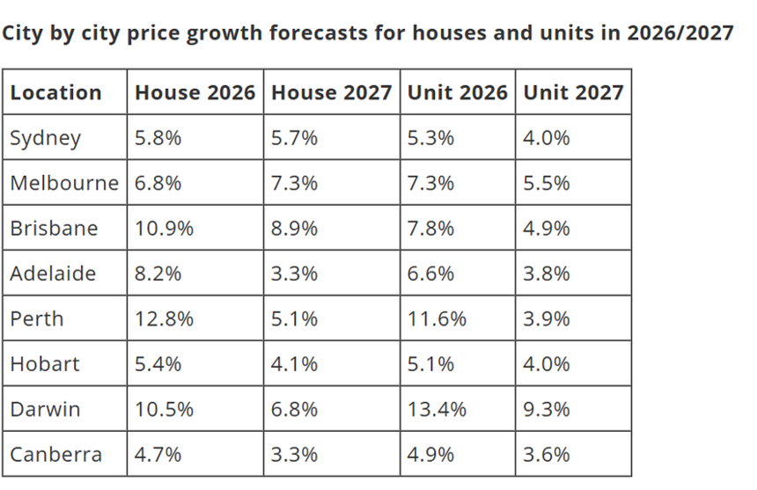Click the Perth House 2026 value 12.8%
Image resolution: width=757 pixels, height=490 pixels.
[164, 318]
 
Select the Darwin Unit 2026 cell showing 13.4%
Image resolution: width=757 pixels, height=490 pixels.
[436, 409]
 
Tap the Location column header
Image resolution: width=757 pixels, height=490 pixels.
[55, 92]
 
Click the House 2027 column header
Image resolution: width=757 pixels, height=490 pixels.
[331, 92]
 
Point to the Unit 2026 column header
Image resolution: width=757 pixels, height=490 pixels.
[457, 92]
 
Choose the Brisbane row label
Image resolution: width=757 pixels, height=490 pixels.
[54, 228]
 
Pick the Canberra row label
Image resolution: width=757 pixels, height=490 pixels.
[55, 455]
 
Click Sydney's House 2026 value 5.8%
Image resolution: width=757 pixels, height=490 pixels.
[158, 138]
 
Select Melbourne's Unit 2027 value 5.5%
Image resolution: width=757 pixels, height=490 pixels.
[547, 183]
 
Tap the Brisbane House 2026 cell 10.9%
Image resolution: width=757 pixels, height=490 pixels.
[164, 228]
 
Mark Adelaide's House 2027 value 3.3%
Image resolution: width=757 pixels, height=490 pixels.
[295, 274]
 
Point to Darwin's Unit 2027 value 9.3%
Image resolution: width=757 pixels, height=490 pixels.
[547, 409]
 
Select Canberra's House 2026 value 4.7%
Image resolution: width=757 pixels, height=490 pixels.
[158, 455]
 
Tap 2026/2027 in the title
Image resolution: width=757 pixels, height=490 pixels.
[680, 33]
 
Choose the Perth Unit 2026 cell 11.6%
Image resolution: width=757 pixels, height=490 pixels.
[436, 318]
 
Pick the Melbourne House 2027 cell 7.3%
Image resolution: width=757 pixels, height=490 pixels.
[295, 183]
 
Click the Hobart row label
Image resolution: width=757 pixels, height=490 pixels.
[45, 364]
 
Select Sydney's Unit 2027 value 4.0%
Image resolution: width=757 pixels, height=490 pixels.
[547, 138]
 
